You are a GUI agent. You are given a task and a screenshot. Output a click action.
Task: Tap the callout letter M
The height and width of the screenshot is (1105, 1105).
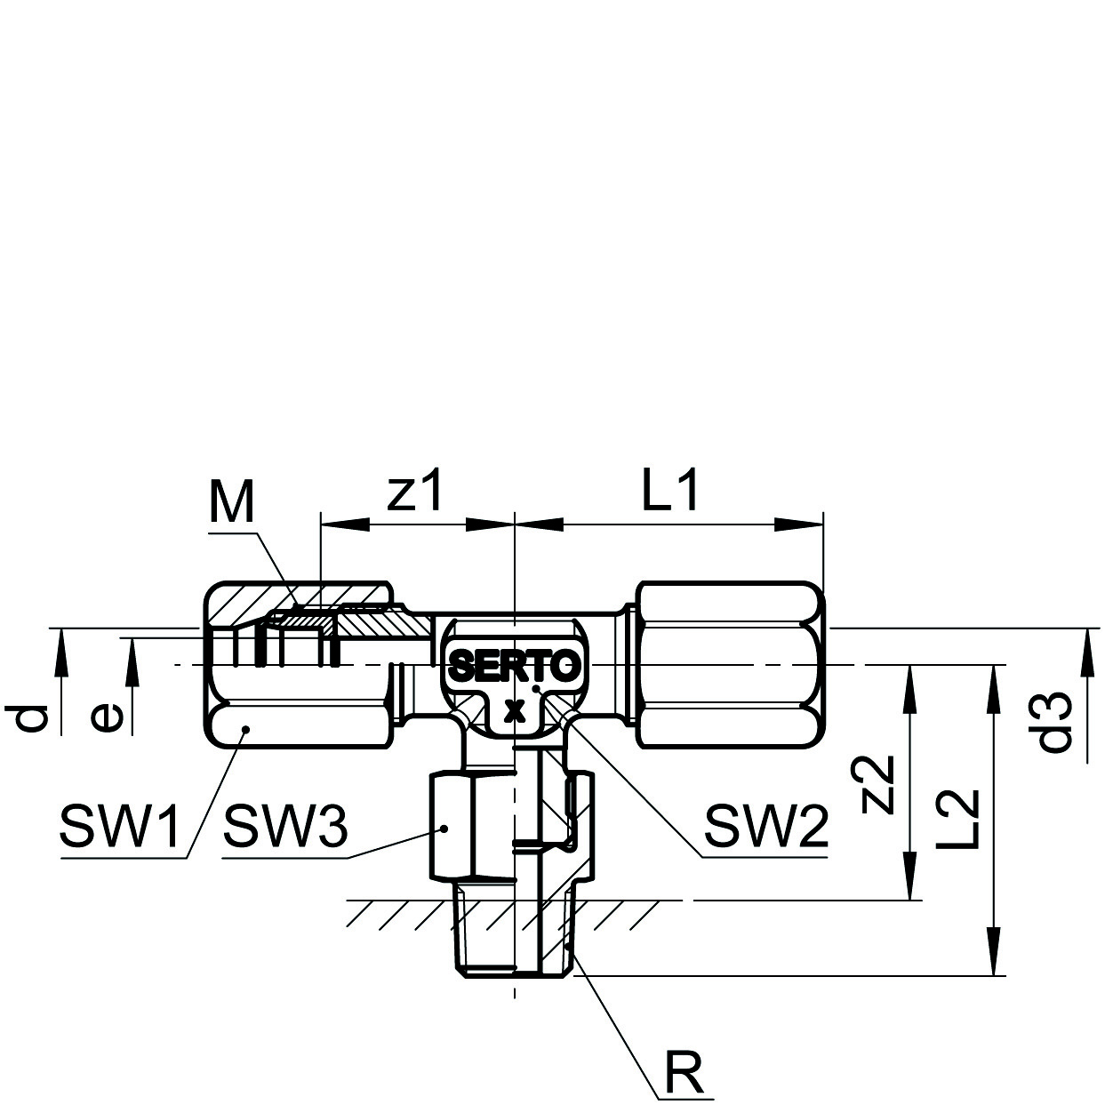tap(231, 502)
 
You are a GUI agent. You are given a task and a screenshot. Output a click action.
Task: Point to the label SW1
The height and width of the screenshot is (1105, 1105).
tap(119, 828)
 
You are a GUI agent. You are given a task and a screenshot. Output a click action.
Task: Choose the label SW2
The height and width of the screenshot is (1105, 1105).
tap(766, 828)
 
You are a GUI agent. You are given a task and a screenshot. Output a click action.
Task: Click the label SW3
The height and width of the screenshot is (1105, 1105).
tap(285, 828)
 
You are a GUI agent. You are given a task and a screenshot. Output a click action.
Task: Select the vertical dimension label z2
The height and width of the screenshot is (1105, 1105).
tap(878, 783)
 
